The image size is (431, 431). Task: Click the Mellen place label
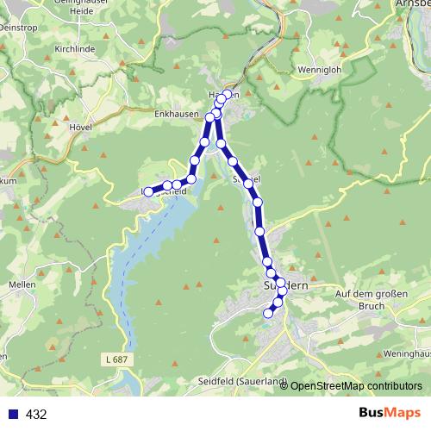point(20,281)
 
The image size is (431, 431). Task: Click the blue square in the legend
point(12,414)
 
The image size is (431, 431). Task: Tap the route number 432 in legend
point(36,414)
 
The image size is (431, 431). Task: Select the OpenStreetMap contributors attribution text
point(356,386)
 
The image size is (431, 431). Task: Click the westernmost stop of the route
point(147,191)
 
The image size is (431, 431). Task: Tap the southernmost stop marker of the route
point(267,314)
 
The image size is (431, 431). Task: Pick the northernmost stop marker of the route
point(228,94)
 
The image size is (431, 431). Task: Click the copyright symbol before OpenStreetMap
point(284,386)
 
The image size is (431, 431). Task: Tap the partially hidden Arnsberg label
point(413,4)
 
